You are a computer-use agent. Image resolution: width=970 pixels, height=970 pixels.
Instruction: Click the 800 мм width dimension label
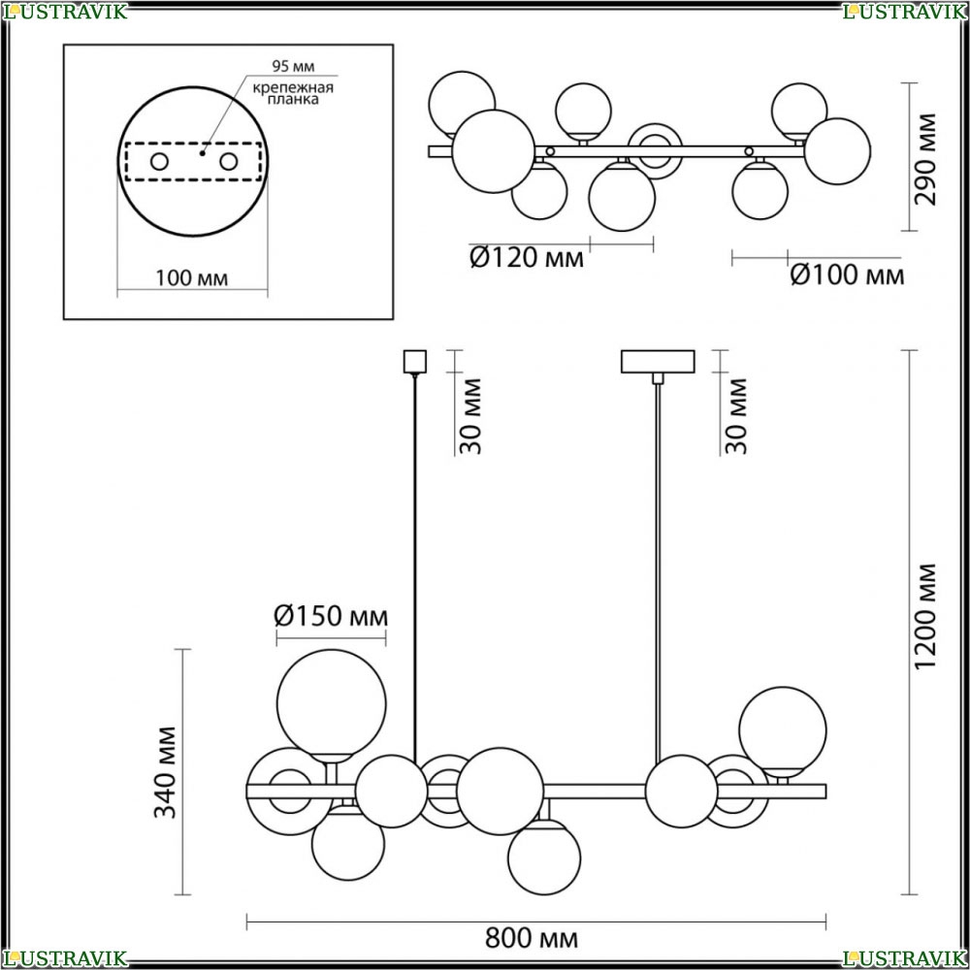[532, 938]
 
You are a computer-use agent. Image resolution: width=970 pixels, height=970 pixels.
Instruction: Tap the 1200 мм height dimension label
[925, 616]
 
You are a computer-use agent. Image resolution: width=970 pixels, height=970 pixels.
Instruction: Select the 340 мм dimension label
[165, 772]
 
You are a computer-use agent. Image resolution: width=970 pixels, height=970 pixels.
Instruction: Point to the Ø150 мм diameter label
[331, 616]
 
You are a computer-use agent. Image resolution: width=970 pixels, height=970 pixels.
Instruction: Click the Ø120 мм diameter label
[527, 257]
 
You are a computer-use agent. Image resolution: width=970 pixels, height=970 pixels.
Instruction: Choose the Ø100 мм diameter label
[847, 275]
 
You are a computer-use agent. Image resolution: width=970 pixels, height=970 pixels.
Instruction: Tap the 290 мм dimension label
[925, 159]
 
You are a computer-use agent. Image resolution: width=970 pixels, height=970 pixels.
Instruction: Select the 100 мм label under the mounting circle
[191, 278]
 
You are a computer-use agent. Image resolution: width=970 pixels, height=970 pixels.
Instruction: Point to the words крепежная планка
[293, 93]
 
